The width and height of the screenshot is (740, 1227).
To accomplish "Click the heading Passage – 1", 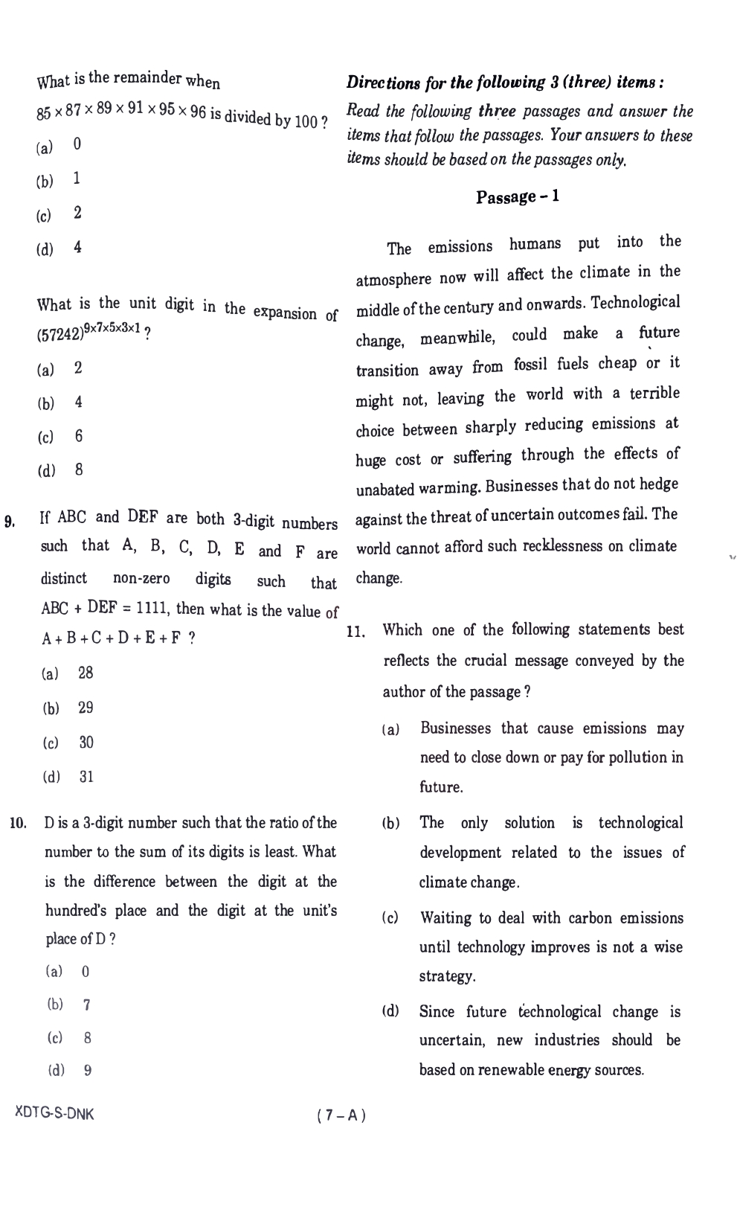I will coord(518,197).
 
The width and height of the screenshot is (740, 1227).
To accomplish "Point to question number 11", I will coord(355,632).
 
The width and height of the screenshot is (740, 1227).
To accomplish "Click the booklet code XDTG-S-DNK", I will coord(54,1114).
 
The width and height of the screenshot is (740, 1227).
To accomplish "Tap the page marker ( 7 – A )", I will coord(341,1115).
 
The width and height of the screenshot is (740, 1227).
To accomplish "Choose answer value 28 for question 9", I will coord(86,673).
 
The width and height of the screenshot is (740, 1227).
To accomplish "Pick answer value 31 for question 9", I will coord(86,777).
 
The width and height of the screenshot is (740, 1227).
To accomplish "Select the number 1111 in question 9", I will coord(155,609).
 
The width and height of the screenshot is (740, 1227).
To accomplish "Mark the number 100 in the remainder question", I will coord(306,121).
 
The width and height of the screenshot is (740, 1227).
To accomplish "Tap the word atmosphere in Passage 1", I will coord(393,280).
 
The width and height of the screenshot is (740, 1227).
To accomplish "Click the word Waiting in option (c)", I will coord(446,918).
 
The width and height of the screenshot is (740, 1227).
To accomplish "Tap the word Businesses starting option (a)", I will coord(455,728).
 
